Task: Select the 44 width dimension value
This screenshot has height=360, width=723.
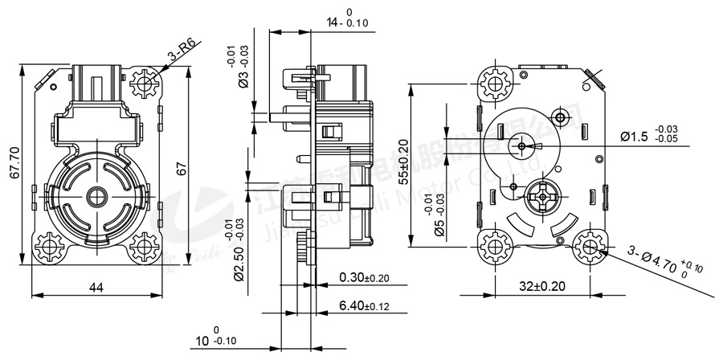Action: pyautogui.click(x=95, y=286)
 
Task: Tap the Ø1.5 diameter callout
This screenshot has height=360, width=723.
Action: pyautogui.click(x=649, y=135)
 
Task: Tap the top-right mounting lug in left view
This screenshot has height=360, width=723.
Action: pyautogui.click(x=146, y=80)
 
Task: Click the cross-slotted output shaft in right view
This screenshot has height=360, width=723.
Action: pyautogui.click(x=545, y=197)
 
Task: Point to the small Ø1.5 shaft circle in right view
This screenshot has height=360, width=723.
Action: pyautogui.click(x=523, y=146)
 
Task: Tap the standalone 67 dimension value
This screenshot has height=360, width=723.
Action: pyautogui.click(x=182, y=168)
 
